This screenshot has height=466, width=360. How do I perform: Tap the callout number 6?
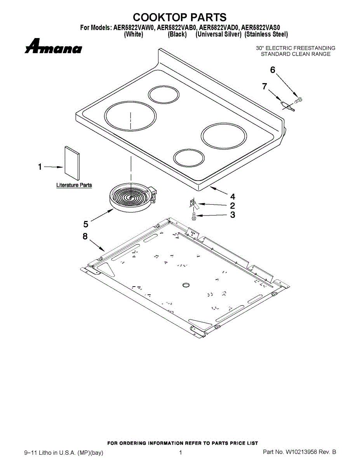tap(273, 70)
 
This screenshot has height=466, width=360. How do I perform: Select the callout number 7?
tap(264, 87)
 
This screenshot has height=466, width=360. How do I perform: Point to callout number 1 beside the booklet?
tap(40, 167)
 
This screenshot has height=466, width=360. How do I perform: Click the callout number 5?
tap(85, 224)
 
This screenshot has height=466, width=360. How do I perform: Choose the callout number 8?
tap(85, 236)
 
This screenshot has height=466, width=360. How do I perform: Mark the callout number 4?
tap(233, 196)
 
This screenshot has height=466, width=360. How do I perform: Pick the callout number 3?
tap(232, 215)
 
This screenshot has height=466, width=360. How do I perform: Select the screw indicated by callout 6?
tap(298, 100)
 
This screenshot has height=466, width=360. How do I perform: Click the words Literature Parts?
tap(74, 185)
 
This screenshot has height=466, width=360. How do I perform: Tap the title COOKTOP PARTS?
tap(180, 17)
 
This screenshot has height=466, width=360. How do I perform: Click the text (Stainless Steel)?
tap(266, 35)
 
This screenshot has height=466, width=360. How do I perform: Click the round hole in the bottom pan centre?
tap(186, 286)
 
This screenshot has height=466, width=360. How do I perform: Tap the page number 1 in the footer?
tap(181, 452)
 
